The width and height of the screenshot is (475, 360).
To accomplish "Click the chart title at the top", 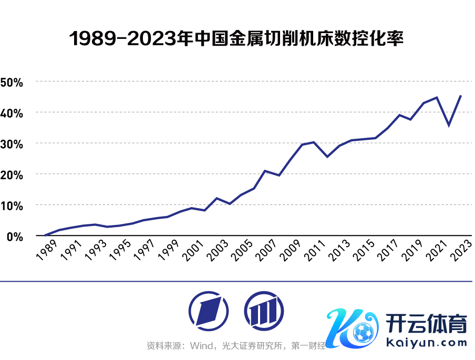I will point(237,39).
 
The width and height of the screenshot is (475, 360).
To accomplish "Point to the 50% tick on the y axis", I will point(12,82).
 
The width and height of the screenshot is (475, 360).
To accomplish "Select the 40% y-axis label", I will point(12,113).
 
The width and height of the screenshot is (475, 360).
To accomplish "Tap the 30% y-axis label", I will point(12,143).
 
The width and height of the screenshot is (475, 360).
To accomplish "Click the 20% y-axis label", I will point(12,174).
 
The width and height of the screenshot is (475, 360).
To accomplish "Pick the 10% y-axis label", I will point(12,205).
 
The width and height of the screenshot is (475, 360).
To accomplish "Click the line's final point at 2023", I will point(461,96).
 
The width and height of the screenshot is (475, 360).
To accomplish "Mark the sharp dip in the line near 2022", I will point(449,125).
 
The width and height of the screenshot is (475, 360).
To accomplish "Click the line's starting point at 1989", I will point(46,235).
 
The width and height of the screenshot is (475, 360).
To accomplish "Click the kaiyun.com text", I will point(426,343).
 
